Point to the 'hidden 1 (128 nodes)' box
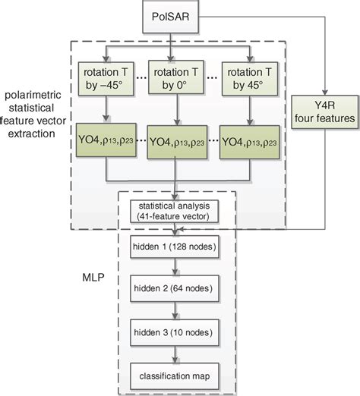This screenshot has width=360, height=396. pyautogui.click(x=175, y=250)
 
